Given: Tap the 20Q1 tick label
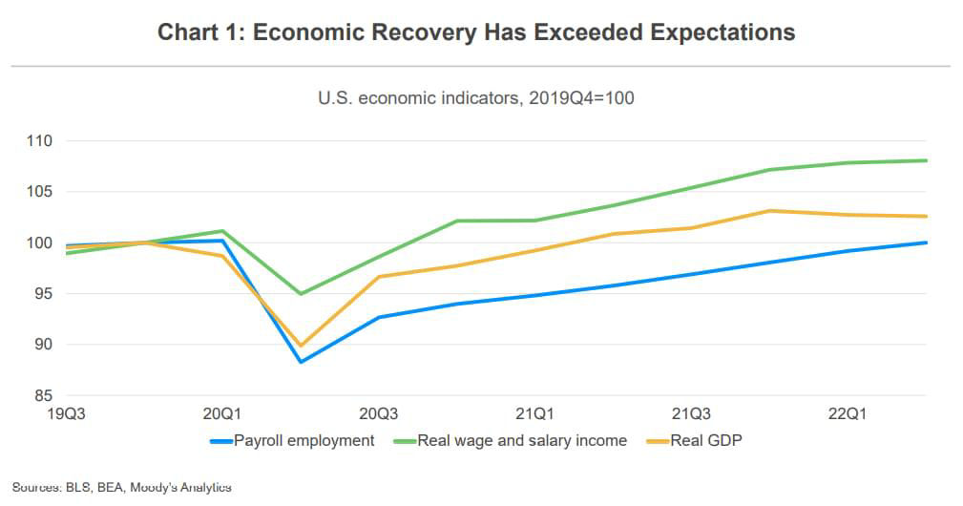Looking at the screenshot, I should point(221,414).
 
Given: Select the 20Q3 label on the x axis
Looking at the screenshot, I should point(378,414).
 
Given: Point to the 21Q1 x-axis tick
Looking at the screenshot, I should point(534,414).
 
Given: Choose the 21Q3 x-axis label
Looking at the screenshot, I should point(690,414).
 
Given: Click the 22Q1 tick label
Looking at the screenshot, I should point(846,414).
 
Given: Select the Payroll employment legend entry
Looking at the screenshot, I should point(304,440).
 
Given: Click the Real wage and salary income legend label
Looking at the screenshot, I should point(522,440).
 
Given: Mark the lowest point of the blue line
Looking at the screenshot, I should point(301,362).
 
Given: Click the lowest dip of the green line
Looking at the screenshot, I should point(301,293).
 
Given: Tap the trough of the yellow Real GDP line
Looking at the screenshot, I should point(301,346).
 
